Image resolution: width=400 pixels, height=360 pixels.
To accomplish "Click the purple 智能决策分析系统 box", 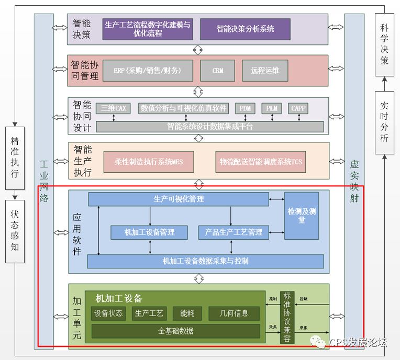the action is click(245, 28).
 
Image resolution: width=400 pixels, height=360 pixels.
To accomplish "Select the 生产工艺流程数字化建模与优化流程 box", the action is click(148, 28).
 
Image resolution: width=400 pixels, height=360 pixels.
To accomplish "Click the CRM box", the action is click(218, 71).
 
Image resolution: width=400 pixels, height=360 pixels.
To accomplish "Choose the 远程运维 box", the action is click(265, 71).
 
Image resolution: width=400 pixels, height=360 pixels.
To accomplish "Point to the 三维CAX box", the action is click(114, 108).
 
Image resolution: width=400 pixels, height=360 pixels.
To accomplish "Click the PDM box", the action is click(245, 108).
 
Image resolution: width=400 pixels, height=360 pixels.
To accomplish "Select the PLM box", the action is click(272, 108).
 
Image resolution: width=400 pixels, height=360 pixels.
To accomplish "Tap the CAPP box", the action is click(298, 108).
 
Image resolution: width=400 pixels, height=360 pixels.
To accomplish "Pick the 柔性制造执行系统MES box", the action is click(148, 162).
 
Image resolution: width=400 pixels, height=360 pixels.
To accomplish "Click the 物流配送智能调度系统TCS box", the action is click(261, 162).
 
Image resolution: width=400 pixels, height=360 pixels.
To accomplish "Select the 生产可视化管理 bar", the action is click(178, 199).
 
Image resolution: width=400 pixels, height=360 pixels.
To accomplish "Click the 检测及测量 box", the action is click(302, 216).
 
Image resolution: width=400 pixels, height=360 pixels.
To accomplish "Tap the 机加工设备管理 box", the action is click(149, 232).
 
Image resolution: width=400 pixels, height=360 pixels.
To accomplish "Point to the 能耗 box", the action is click(187, 313).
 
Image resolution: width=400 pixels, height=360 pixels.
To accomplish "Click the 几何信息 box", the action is click(234, 313).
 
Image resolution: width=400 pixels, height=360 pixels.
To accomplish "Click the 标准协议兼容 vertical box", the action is click(287, 317).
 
